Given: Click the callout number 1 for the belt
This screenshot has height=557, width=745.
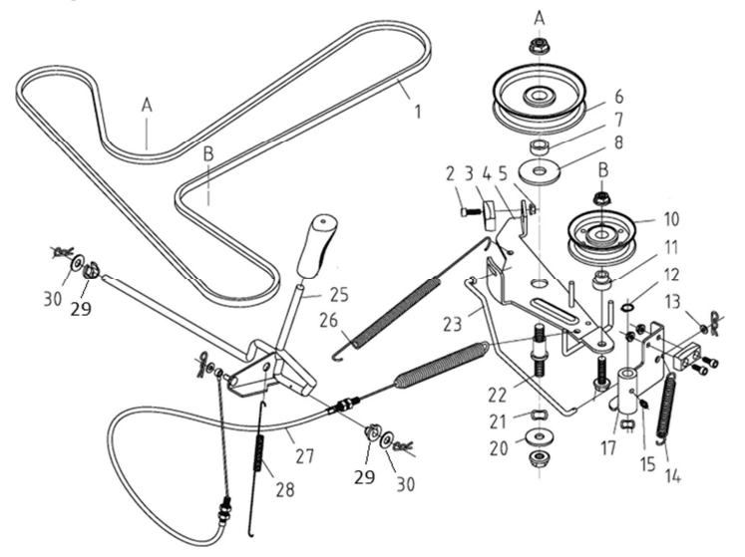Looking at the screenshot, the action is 418,112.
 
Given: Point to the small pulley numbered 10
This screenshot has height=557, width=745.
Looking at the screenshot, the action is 601,236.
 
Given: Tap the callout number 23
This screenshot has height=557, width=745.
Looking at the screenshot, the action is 452,324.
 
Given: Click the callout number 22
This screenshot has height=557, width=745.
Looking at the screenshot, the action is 498,394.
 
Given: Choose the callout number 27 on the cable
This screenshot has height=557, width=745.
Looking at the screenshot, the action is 304,456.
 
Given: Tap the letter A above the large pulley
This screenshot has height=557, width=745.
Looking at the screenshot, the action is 539,19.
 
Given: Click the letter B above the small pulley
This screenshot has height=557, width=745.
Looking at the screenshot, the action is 603,170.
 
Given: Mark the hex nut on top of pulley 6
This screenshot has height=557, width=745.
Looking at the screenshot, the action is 539,46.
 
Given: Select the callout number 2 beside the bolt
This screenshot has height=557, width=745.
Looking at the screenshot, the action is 451,174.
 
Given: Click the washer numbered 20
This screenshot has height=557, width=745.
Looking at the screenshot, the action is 539,436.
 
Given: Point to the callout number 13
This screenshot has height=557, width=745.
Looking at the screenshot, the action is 673,302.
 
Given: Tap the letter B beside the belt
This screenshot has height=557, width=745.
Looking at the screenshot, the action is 208,153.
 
